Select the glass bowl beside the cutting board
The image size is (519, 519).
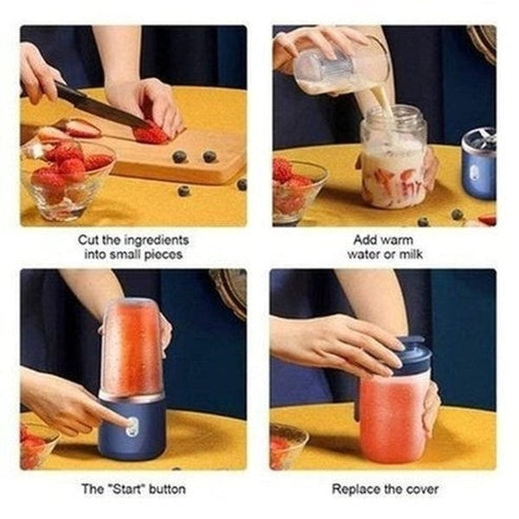point(66,177)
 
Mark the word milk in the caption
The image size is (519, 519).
point(410,255)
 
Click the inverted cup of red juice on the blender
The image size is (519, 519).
point(132,347)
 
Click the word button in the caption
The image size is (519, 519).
point(167,489)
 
